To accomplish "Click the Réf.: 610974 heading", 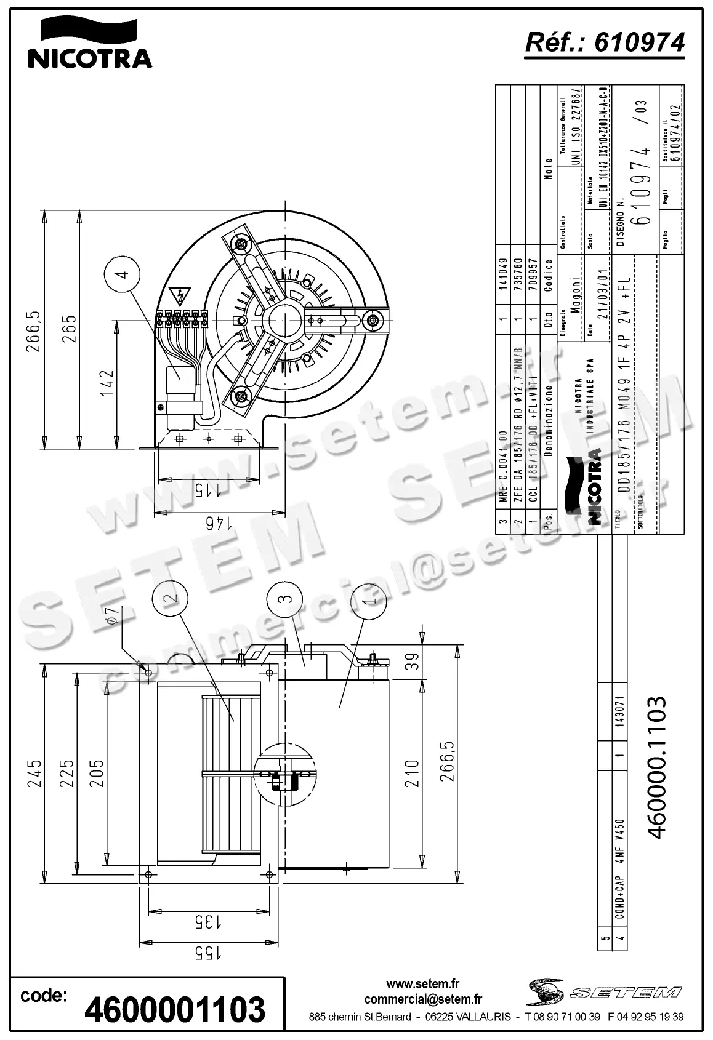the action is tap(604, 42).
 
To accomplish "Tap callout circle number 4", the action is tap(122, 274).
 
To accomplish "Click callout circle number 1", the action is tap(368, 599).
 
